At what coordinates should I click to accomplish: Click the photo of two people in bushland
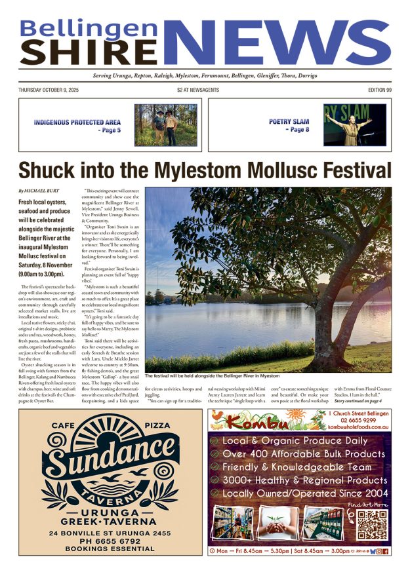tap(165, 124)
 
